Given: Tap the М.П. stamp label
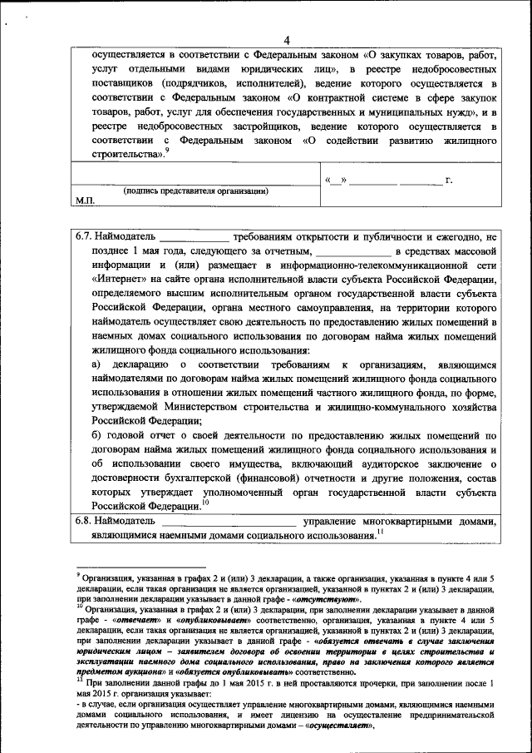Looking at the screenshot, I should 86,201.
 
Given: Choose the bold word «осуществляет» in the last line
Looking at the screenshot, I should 338,726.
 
